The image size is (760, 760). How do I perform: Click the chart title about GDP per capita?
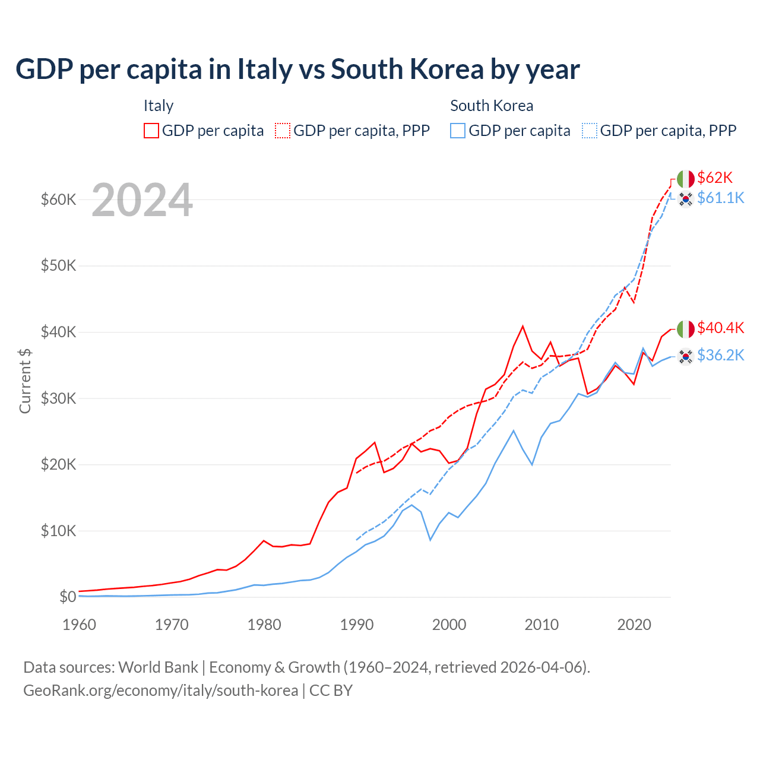click(297, 69)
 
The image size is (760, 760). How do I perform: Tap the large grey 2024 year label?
click(142, 200)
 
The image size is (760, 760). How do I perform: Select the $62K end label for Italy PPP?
click(715, 178)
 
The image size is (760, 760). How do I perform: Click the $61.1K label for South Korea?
click(720, 198)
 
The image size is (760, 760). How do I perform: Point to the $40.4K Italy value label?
click(720, 328)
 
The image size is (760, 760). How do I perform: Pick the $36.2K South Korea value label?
click(720, 355)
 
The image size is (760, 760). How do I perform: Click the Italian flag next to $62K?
click(686, 179)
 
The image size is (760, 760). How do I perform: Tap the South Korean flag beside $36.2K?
click(686, 356)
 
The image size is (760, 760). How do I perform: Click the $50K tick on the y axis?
click(58, 265)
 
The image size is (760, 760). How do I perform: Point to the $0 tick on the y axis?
click(67, 597)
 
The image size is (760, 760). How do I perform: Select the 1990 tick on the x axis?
click(357, 625)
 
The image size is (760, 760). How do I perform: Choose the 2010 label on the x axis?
click(541, 625)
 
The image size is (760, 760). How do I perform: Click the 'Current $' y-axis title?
click(25, 381)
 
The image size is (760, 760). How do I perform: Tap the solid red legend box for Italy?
click(151, 131)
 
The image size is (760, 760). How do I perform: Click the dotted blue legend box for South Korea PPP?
click(590, 131)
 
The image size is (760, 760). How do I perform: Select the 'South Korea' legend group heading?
click(492, 106)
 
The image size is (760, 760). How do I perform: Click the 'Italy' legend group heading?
click(159, 106)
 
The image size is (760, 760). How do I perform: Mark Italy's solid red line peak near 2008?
click(522, 326)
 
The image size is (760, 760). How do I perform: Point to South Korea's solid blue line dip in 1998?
click(430, 540)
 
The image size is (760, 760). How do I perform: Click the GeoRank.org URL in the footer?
click(160, 691)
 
